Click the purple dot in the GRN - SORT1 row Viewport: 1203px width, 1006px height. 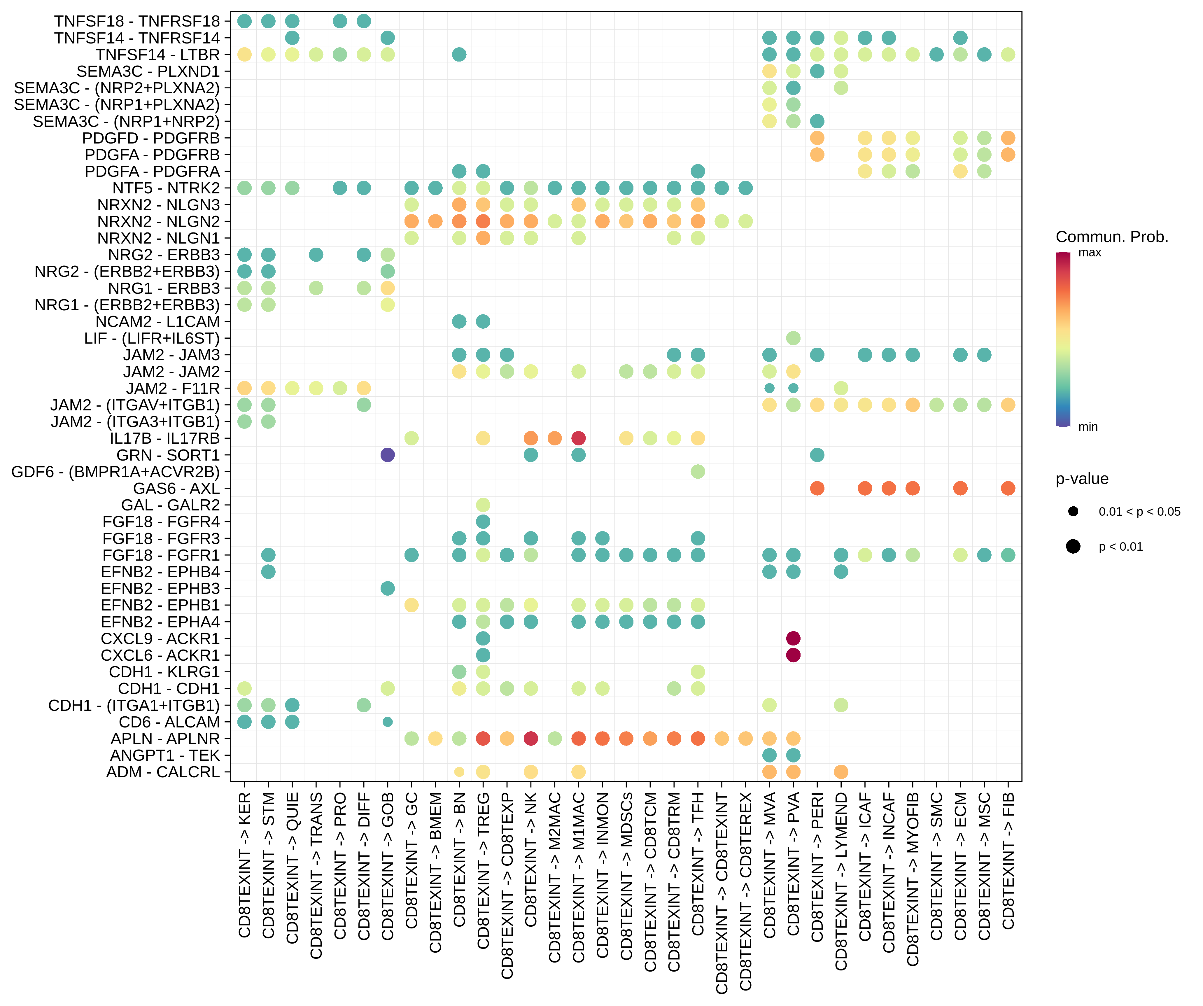pyautogui.click(x=387, y=455)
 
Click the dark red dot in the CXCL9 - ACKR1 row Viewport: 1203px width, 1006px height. pyautogui.click(x=793, y=638)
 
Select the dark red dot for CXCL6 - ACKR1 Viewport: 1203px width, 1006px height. pyautogui.click(x=793, y=655)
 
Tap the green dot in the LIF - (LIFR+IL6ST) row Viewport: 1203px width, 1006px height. pyautogui.click(x=793, y=338)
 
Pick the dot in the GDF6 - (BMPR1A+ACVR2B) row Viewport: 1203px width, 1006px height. pyautogui.click(x=698, y=471)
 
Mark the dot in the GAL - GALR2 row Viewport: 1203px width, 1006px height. pyautogui.click(x=483, y=505)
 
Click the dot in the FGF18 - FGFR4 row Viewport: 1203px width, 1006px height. pyautogui.click(x=483, y=521)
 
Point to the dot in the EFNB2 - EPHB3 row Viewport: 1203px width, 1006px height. pyautogui.click(x=387, y=588)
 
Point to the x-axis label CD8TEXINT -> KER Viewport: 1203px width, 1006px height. pyautogui.click(x=245, y=865)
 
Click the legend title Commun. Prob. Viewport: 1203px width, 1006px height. pyautogui.click(x=1111, y=237)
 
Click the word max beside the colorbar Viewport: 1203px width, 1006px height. pyautogui.click(x=1090, y=253)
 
